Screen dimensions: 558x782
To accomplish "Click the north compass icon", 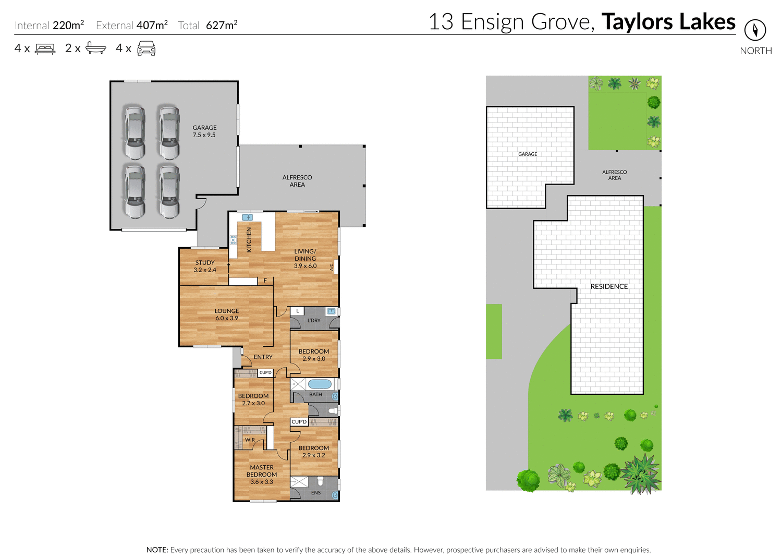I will click(755, 30).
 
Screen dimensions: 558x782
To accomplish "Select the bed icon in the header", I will click(45, 49).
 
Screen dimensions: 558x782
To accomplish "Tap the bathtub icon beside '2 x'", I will click(96, 48).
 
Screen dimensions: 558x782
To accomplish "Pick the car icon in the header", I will click(146, 48).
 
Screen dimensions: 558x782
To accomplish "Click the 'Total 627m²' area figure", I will click(207, 25).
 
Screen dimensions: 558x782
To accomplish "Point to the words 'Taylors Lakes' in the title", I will click(668, 22).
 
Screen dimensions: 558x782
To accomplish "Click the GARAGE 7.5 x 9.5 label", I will click(204, 131).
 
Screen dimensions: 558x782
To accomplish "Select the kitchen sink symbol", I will click(247, 217).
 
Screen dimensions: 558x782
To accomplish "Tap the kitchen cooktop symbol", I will click(233, 240).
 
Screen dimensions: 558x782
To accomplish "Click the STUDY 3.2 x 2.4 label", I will click(205, 266).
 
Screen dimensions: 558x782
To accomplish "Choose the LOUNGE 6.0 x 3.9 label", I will click(227, 314).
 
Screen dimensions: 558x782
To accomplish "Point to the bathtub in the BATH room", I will click(320, 384).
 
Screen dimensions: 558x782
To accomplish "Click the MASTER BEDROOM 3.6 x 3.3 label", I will click(262, 475).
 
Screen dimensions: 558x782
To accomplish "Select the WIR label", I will click(250, 440).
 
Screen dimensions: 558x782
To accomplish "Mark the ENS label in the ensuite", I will click(316, 493).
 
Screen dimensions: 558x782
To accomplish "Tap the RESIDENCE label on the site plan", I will click(609, 286).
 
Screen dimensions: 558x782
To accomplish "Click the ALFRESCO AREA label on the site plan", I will click(615, 175).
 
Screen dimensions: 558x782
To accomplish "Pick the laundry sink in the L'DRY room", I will click(331, 311).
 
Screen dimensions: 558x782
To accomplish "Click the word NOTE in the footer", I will click(157, 550).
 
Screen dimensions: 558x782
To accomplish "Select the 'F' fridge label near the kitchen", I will click(265, 281).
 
